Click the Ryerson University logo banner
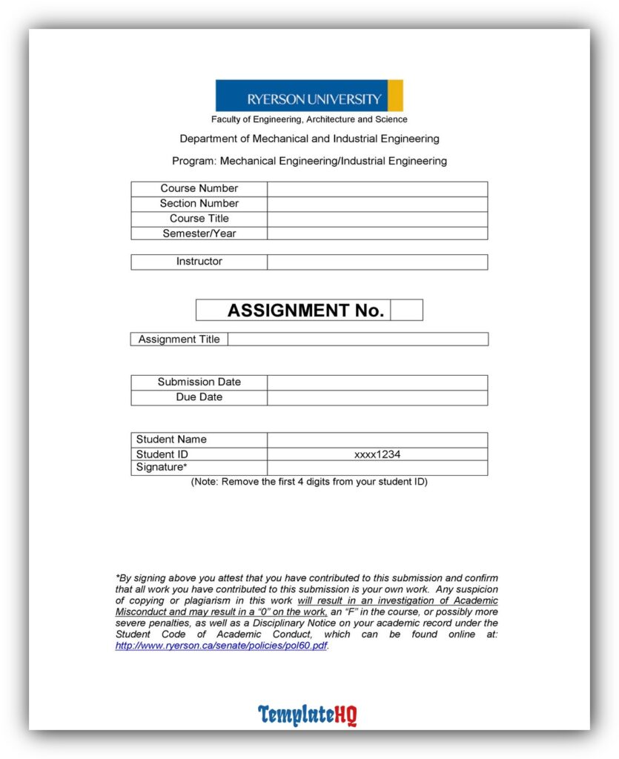pos(302,96)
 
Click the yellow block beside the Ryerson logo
pos(395,96)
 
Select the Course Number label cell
pos(199,189)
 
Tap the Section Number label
pos(199,204)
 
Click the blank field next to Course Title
pos(377,219)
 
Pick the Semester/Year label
pos(199,233)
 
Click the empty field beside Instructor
pos(377,262)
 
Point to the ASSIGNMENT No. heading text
pos(305,311)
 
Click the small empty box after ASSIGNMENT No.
pos(406,311)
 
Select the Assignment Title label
pos(179,339)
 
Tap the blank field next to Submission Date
pos(377,382)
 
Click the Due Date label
pos(199,397)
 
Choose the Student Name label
pos(171,440)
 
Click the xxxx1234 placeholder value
pos(377,454)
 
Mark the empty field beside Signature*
pos(377,468)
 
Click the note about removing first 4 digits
pos(309,482)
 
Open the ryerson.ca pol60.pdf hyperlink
pos(221,646)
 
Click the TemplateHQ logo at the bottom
pos(308,715)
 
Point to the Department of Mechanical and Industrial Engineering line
pos(309,139)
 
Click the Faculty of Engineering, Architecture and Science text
pos(309,119)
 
